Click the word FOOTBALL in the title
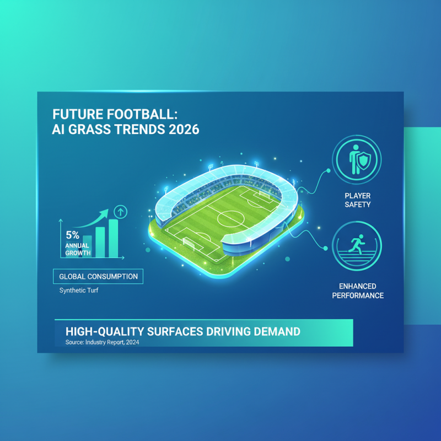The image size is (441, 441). [x=138, y=115]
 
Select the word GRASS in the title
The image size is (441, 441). [x=88, y=131]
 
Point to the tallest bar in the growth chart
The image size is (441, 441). [x=114, y=238]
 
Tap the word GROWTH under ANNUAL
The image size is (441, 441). [x=77, y=252]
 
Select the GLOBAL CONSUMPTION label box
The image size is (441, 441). [x=99, y=276]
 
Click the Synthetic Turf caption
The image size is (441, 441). [x=79, y=291]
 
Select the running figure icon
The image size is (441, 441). [x=357, y=246]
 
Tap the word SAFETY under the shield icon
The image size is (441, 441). [x=357, y=205]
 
